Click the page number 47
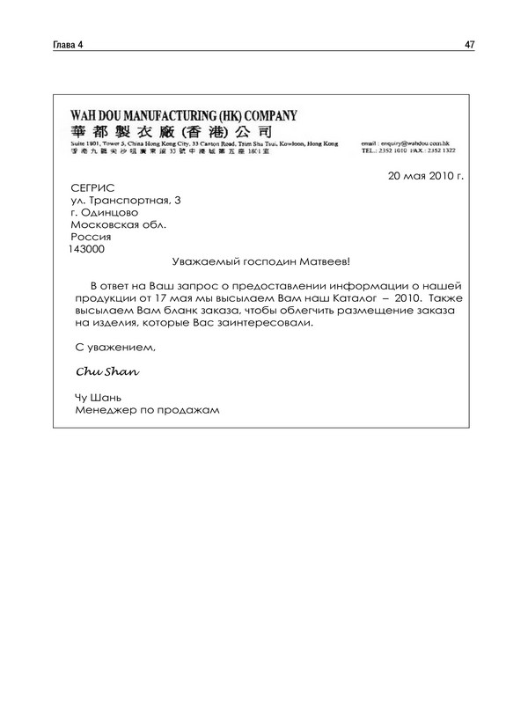(x=469, y=45)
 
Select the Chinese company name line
(x=175, y=131)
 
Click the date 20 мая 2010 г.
(x=425, y=175)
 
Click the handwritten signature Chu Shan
(x=107, y=371)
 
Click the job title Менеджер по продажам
(x=146, y=409)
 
